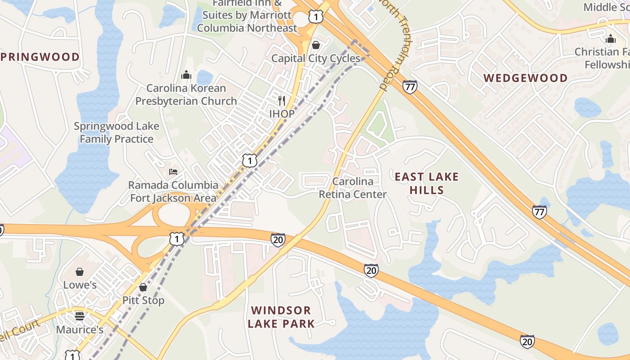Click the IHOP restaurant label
282,114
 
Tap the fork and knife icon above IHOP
282,100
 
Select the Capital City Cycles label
315,58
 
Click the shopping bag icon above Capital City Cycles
316,45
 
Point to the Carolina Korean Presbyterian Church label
186,94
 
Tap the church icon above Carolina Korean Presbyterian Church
186,75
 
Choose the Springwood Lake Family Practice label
117,133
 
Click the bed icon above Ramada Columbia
173,171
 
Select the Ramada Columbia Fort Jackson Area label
173,191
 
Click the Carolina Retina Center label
353,188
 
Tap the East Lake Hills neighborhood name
427,183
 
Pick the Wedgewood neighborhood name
526,78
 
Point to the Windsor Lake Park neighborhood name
281,317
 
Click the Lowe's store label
80,285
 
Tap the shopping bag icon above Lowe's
80,272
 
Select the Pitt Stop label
143,300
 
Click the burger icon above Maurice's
80,316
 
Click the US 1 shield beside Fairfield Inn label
316,17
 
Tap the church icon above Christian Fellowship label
611,39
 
